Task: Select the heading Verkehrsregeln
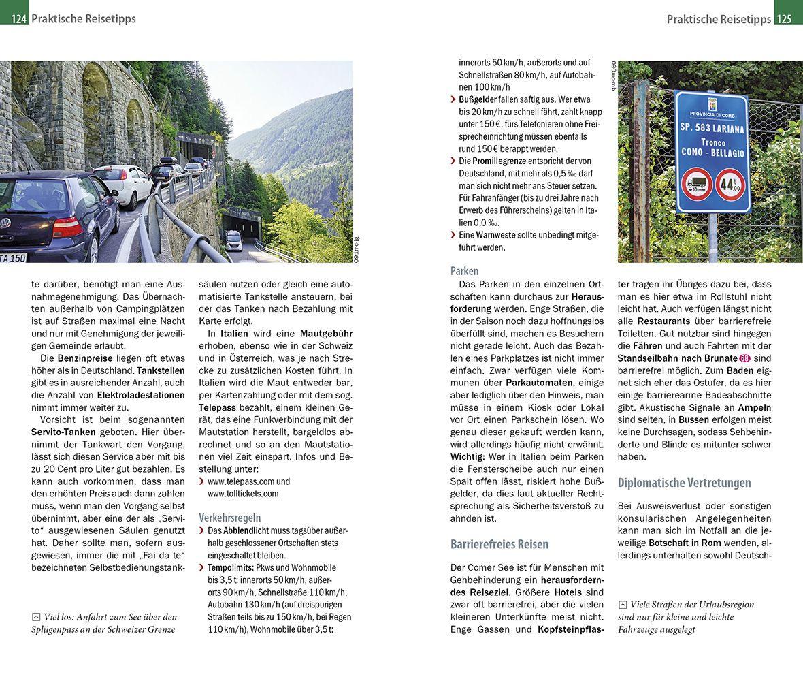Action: click(x=229, y=518)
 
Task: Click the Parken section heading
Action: click(x=464, y=270)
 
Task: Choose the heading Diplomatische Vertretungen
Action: click(x=684, y=483)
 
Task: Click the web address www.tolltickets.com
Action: click(x=243, y=494)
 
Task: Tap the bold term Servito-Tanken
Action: click(x=64, y=432)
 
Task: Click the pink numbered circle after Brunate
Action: click(x=745, y=358)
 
